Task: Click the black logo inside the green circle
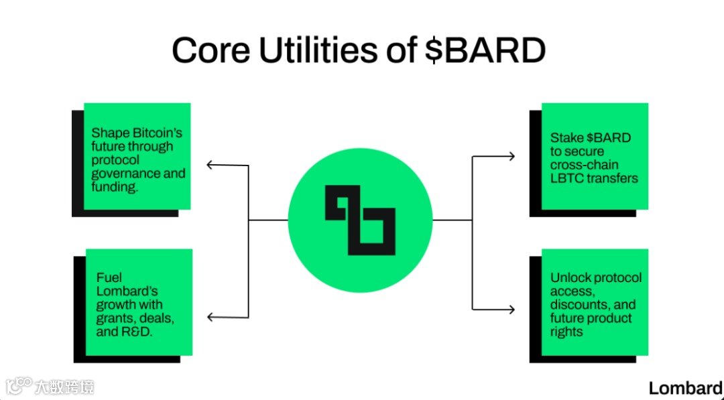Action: (360, 220)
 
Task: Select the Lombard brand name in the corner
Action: (685, 387)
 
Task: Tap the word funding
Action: (115, 187)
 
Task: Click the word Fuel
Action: (109, 277)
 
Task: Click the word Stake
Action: (567, 138)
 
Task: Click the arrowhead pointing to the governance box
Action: (210, 165)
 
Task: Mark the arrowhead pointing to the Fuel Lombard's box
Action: (210, 317)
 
